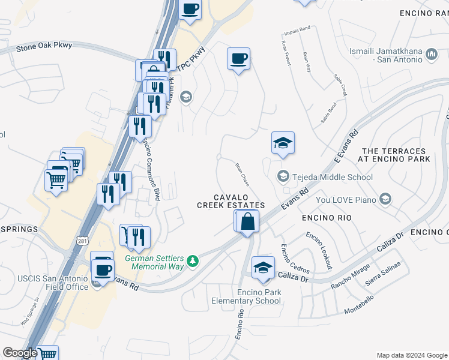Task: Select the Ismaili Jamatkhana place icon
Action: click(x=431, y=56)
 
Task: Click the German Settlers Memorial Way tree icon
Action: click(x=192, y=260)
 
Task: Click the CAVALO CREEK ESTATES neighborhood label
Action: click(x=231, y=201)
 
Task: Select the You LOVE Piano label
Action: click(x=346, y=199)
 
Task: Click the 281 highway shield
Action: click(x=82, y=241)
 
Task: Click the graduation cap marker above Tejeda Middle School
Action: click(x=283, y=143)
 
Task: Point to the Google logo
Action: click(x=20, y=353)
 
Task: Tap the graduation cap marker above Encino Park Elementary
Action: click(x=262, y=267)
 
